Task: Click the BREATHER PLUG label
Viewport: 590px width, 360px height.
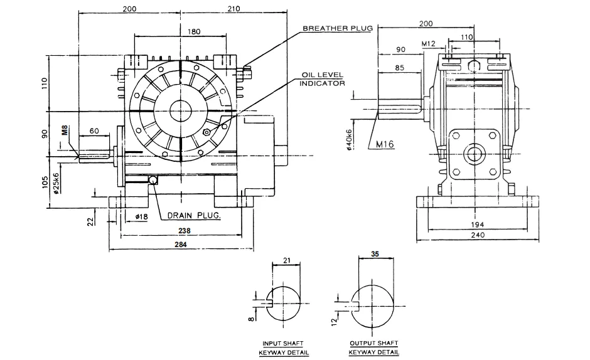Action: (338, 29)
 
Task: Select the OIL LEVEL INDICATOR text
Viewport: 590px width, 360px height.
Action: (322, 79)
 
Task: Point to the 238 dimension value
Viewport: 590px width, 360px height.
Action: (183, 231)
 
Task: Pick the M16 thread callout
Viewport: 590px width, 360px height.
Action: (384, 144)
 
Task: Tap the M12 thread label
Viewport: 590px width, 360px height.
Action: (429, 44)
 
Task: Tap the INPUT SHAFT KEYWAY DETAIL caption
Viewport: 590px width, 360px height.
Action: (283, 347)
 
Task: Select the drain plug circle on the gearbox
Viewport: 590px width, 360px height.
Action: (153, 180)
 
